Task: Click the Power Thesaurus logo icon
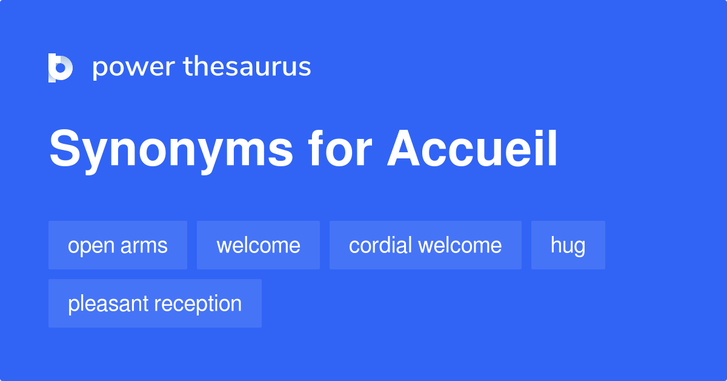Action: pyautogui.click(x=61, y=67)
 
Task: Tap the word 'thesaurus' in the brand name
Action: pyautogui.click(x=248, y=67)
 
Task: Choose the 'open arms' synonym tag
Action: pyautogui.click(x=118, y=245)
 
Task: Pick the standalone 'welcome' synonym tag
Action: pyautogui.click(x=258, y=245)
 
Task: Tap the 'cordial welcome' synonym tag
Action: pyautogui.click(x=425, y=245)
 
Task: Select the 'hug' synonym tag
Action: pyautogui.click(x=568, y=245)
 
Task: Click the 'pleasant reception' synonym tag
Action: pyautogui.click(x=154, y=303)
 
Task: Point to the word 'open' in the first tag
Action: pyautogui.click(x=90, y=246)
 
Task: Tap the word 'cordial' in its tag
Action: pyautogui.click(x=380, y=245)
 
